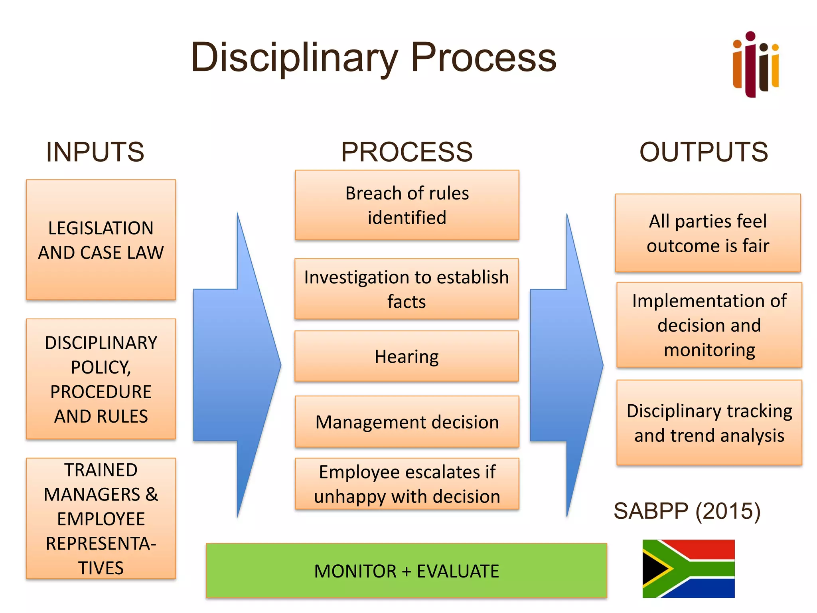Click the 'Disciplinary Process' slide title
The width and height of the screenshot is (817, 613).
(373, 58)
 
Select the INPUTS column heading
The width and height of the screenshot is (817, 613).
(95, 152)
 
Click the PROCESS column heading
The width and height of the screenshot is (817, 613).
(407, 152)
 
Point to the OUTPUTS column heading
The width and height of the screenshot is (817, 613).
(704, 152)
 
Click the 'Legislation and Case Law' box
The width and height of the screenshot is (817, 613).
(101, 240)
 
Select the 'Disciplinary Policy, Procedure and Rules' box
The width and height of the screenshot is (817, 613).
(101, 379)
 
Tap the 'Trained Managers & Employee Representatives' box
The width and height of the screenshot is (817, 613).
(101, 518)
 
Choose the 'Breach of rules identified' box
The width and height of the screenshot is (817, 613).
(407, 205)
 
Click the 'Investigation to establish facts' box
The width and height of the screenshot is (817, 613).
(407, 289)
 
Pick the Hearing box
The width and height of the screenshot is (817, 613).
(407, 356)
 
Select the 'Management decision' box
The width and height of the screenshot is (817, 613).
(407, 421)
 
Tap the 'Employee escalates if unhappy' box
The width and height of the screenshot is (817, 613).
(407, 484)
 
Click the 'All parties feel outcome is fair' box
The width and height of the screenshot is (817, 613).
(708, 233)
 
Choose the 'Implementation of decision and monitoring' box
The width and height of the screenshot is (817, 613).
(709, 325)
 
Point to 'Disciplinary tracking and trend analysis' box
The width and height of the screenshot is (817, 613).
(709, 423)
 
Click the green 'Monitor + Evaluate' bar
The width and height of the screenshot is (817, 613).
(406, 570)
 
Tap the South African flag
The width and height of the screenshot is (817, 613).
(688, 568)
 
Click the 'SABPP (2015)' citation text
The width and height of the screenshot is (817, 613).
(687, 511)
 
